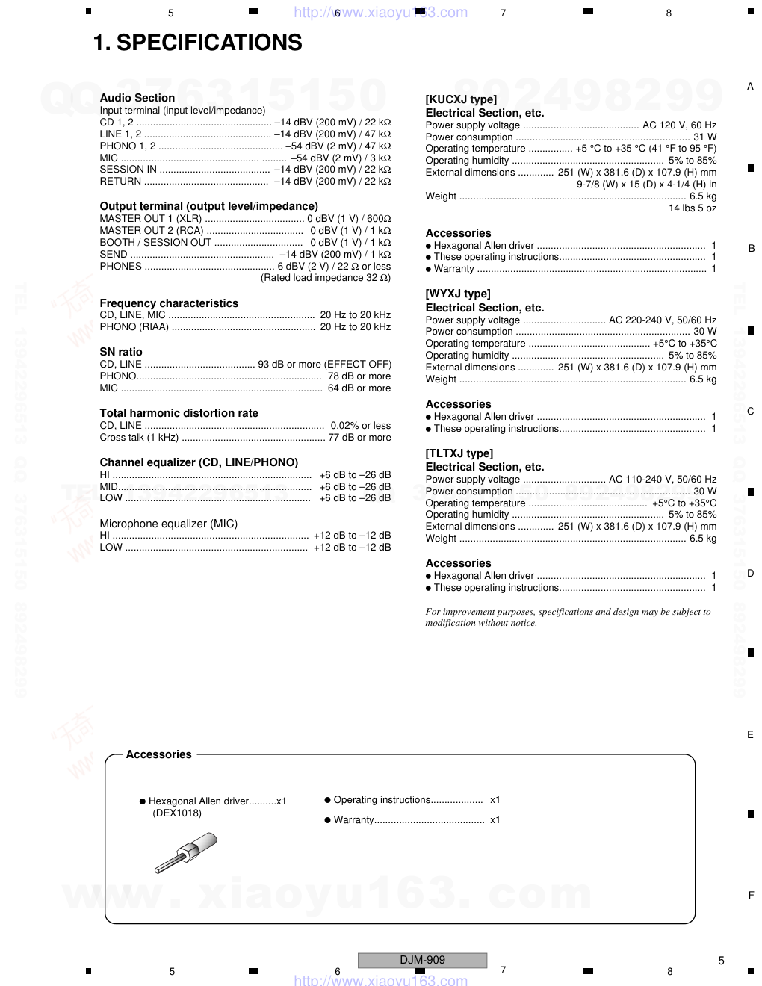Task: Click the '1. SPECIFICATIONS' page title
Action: pos(197,43)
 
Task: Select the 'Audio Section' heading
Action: pos(137,98)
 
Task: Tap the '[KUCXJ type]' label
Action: pos(461,99)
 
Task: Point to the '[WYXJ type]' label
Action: pos(458,294)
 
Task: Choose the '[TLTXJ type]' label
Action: pos(459,453)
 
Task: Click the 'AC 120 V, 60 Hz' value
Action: pos(679,125)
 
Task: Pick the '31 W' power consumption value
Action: pos(704,137)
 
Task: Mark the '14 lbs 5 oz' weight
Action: pos(692,208)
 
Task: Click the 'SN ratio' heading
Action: pos(121,352)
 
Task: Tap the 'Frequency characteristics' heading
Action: pos(169,303)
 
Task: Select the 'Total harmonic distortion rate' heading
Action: pos(179,413)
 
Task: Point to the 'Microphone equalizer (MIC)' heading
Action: pos(169,524)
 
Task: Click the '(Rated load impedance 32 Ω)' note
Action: pos(325,278)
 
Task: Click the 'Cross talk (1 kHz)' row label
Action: pos(139,438)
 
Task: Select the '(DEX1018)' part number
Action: pos(177,813)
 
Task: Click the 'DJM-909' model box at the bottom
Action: pos(422,960)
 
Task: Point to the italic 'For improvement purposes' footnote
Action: pos(568,617)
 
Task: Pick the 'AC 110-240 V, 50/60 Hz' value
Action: pos(663,480)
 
